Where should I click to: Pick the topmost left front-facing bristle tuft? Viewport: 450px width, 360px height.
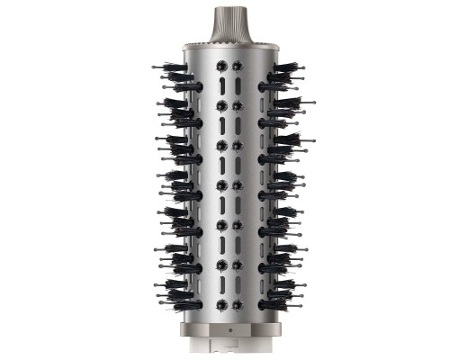(x=220, y=66)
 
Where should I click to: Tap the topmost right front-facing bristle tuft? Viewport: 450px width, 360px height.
(x=238, y=66)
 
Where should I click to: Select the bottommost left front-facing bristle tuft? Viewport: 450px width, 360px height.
(x=220, y=305)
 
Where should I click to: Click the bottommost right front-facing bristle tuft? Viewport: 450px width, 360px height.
(x=238, y=305)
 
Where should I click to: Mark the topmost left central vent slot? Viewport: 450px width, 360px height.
(x=220, y=85)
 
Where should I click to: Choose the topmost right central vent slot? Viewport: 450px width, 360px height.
(x=238, y=85)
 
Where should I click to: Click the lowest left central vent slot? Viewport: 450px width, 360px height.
(x=220, y=285)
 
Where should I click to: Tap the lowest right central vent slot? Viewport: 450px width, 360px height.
(x=238, y=285)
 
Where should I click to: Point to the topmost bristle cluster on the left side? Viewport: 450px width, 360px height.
(x=175, y=67)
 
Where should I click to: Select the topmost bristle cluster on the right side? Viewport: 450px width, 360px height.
(x=283, y=67)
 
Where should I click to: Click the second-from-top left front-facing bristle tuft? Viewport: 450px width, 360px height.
(x=220, y=105)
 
